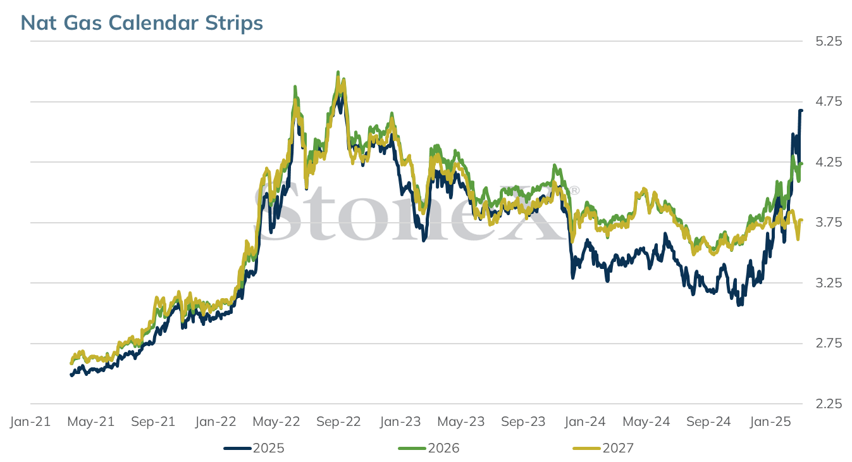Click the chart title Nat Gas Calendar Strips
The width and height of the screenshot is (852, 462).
pyautogui.click(x=142, y=23)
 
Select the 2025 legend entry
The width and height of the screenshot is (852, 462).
pyautogui.click(x=254, y=448)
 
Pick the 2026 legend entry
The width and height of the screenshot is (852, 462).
pyautogui.click(x=429, y=448)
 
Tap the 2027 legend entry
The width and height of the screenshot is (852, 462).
pyautogui.click(x=603, y=448)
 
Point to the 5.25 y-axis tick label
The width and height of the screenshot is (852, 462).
pyautogui.click(x=829, y=41)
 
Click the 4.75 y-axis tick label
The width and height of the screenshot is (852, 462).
pyautogui.click(x=829, y=102)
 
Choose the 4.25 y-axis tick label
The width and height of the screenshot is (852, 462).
pyautogui.click(x=829, y=162)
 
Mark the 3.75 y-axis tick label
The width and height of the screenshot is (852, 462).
pyautogui.click(x=829, y=222)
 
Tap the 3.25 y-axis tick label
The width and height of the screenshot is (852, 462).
pyautogui.click(x=829, y=283)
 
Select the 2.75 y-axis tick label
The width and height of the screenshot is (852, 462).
pyautogui.click(x=829, y=343)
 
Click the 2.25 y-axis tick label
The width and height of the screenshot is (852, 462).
pyautogui.click(x=829, y=403)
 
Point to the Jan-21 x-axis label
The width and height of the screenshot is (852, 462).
pyautogui.click(x=30, y=421)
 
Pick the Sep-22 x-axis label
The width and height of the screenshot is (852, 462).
pyautogui.click(x=338, y=421)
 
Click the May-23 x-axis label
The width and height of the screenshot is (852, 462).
pyautogui.click(x=461, y=421)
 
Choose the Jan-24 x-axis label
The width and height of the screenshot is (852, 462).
pyautogui.click(x=584, y=421)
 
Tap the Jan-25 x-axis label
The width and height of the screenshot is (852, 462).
pyautogui.click(x=770, y=421)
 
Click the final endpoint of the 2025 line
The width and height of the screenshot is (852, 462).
pyautogui.click(x=801, y=111)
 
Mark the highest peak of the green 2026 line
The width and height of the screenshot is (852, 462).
pyautogui.click(x=338, y=72)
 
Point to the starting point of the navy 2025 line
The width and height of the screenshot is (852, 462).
pyautogui.click(x=71, y=375)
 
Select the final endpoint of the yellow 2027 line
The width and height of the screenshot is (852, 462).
pyautogui.click(x=801, y=220)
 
